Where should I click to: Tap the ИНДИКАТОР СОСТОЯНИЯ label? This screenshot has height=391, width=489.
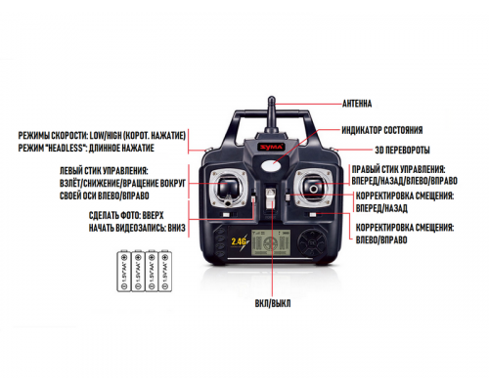[x=381, y=129]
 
